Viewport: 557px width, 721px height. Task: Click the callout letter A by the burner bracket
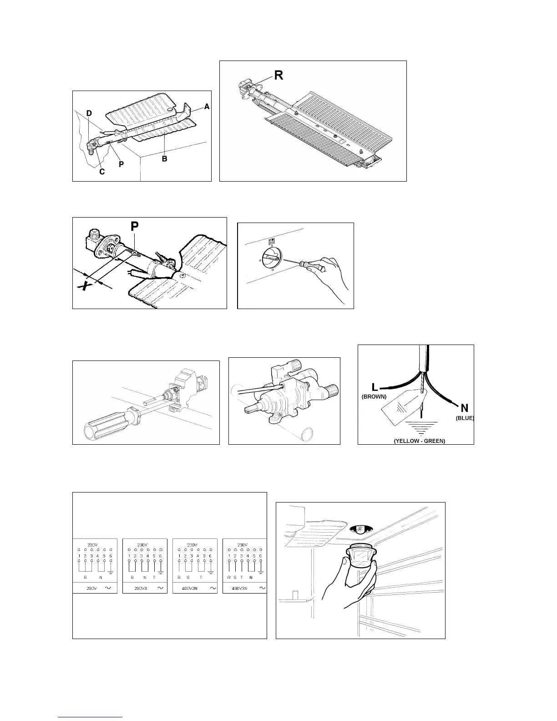click(207, 107)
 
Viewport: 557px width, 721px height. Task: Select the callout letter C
click(102, 172)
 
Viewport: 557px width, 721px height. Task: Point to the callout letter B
click(164, 159)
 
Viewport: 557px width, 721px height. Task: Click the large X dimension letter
click(83, 286)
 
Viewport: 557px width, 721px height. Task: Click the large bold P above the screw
click(135, 226)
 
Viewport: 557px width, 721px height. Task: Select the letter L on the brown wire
click(375, 387)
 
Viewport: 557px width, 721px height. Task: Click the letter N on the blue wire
click(465, 407)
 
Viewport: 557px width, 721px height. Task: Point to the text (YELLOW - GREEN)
click(419, 441)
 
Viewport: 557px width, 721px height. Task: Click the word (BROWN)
click(374, 397)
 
